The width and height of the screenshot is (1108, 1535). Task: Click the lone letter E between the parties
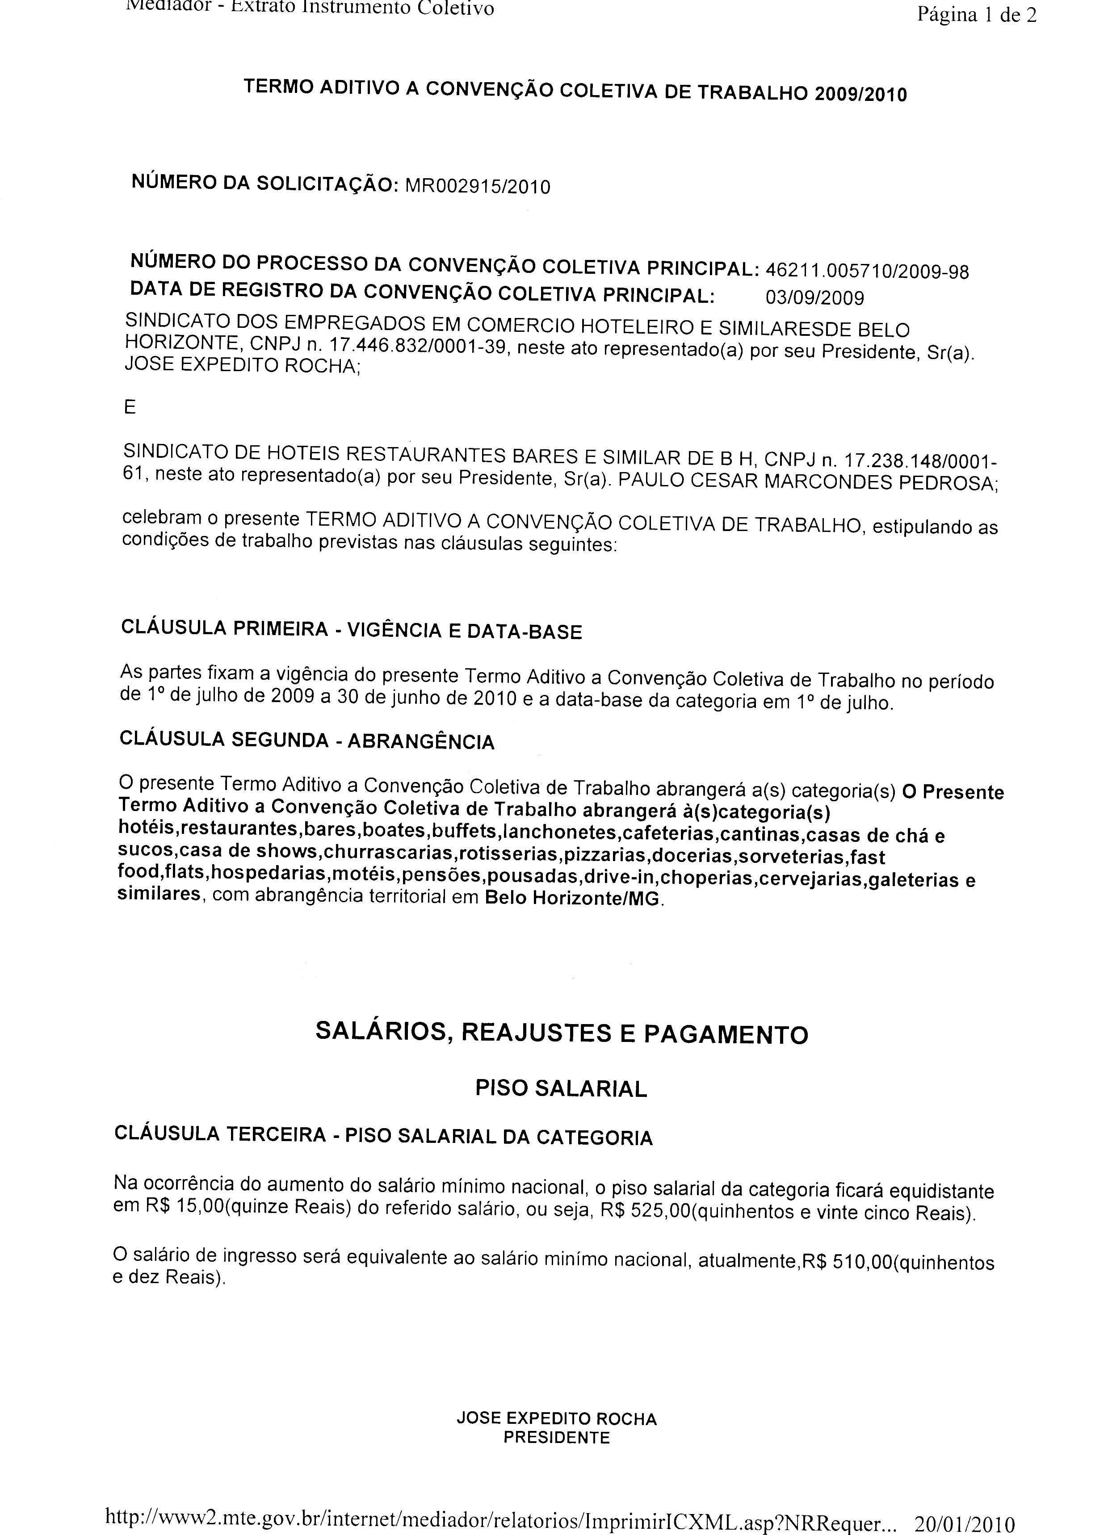click(x=130, y=407)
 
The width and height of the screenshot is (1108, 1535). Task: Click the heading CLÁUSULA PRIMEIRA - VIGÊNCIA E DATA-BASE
click(x=351, y=630)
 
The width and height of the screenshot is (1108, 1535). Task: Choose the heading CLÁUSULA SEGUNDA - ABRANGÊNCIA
click(x=307, y=740)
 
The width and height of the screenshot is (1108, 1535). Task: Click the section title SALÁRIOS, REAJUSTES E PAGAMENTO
click(x=562, y=1033)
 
